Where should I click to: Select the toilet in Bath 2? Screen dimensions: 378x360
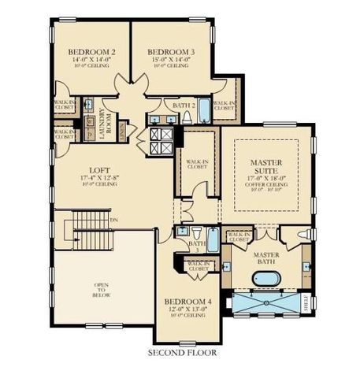[187, 117]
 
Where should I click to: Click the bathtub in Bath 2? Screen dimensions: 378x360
[204, 110]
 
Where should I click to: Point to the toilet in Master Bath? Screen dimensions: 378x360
[306, 235]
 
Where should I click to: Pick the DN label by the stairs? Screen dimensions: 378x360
[114, 220]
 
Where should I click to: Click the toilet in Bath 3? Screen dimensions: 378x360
[181, 234]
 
